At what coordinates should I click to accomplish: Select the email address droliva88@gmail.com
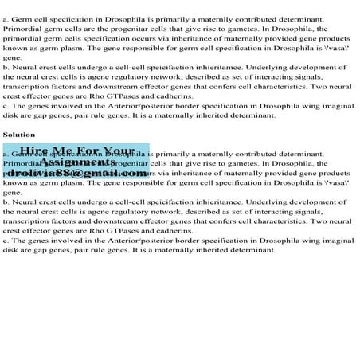[76, 173]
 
